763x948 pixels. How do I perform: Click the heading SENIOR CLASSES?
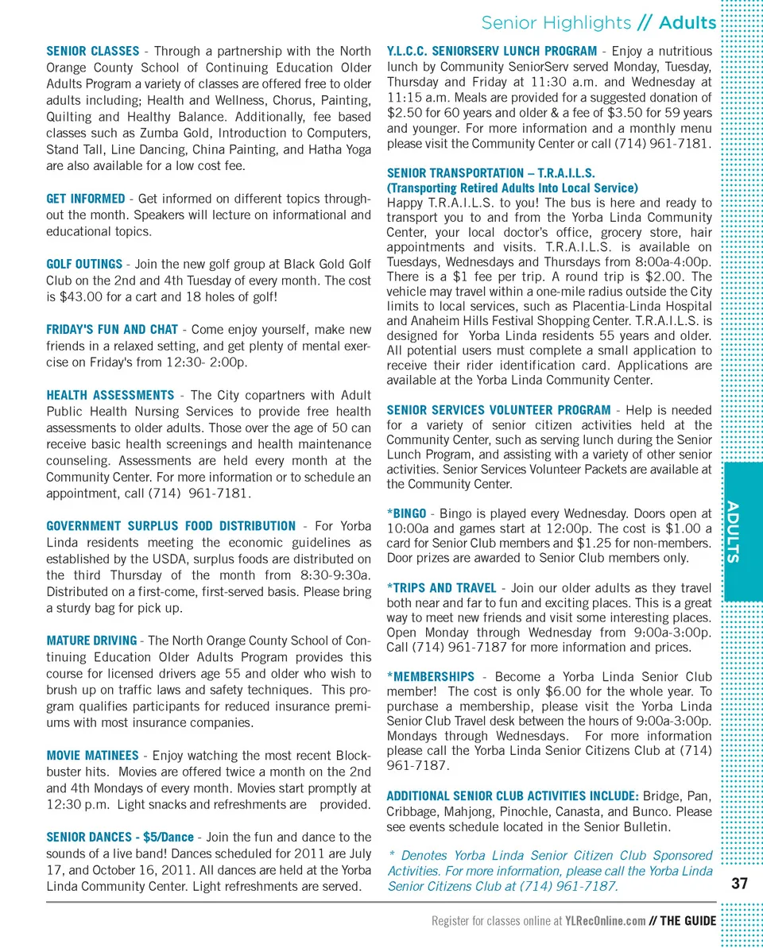click(92, 52)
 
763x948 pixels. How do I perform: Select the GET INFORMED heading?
click(85, 199)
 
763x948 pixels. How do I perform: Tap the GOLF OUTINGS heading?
click(84, 264)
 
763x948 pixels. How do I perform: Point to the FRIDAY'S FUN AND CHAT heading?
click(112, 330)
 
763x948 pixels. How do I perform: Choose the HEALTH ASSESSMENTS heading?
click(110, 395)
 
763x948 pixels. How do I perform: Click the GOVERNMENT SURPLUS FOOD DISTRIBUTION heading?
click(171, 526)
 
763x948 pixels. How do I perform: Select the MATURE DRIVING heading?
click(91, 640)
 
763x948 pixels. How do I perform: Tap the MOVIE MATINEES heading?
click(92, 755)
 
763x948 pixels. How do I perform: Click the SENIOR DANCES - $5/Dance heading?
click(120, 837)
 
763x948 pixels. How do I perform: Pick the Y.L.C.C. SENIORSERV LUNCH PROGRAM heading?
click(491, 52)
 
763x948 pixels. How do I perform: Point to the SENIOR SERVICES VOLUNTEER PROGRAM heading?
click(498, 410)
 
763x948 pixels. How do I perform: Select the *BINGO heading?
click(407, 514)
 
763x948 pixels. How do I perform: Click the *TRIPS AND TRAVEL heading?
click(441, 588)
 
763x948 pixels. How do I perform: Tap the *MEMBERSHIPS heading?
click(430, 676)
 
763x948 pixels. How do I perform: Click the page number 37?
click(740, 884)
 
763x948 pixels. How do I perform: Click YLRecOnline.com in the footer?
click(605, 921)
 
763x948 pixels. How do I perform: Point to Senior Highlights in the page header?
click(556, 23)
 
